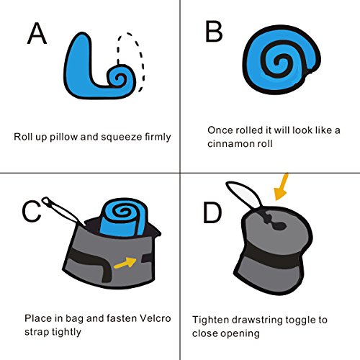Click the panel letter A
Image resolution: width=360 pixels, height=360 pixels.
tap(37, 33)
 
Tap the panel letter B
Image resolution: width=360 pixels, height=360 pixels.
tap(214, 32)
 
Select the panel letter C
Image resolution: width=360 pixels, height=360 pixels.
tap(32, 212)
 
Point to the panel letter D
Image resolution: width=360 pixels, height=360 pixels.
tap(212, 212)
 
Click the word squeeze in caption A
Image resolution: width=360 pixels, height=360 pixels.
tap(122, 138)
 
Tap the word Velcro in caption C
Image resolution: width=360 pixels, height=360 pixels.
tap(155, 318)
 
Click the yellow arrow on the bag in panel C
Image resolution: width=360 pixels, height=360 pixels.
tap(125, 263)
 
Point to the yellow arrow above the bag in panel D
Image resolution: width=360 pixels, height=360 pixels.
tap(282, 186)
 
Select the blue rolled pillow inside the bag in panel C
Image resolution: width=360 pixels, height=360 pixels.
tap(124, 217)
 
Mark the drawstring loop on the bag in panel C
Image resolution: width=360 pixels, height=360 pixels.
tap(63, 211)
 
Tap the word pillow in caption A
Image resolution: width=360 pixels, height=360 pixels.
tap(63, 137)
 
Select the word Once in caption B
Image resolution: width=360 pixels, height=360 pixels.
tap(220, 130)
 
